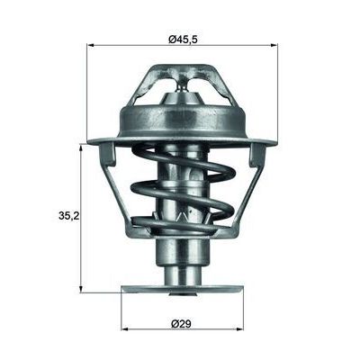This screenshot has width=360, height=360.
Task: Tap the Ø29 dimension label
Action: [182, 323]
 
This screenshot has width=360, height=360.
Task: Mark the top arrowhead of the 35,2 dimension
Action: [81, 145]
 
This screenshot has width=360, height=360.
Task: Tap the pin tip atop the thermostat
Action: [183, 83]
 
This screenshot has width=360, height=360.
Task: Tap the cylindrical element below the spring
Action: [182, 261]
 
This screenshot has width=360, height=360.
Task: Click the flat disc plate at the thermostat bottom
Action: [182, 290]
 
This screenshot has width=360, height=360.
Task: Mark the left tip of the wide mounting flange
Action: [90, 140]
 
